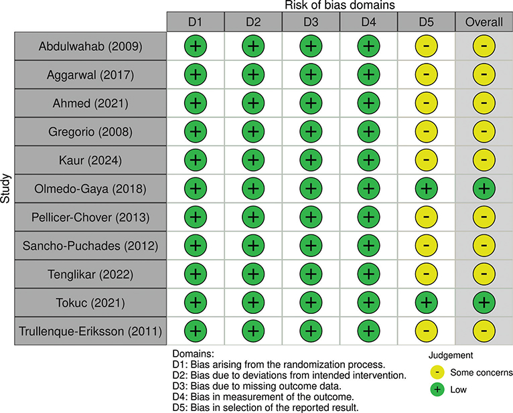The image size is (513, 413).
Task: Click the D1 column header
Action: [196, 22]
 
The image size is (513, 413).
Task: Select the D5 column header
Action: [427, 22]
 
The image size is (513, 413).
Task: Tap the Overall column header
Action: [484, 22]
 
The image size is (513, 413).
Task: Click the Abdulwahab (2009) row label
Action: [90, 46]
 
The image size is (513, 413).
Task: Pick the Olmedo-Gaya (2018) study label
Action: [90, 189]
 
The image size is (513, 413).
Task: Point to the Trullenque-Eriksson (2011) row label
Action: [90, 331]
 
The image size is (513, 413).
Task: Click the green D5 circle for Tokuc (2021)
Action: [427, 303]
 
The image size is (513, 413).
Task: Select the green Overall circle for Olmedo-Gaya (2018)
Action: [484, 189]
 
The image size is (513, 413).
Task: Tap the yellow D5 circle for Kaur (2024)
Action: [427, 160]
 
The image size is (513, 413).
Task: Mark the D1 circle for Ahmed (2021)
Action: [196, 103]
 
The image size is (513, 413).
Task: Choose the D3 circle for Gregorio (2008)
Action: [311, 131]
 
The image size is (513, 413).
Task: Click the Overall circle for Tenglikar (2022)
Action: [484, 274]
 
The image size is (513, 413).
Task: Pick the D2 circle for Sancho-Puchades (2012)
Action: [253, 246]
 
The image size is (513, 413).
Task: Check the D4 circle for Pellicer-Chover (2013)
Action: [368, 217]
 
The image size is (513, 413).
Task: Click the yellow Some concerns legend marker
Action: [437, 372]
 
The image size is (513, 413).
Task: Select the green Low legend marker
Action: [437, 390]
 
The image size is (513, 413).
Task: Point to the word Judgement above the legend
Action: [451, 355]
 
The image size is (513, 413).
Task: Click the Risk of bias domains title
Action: [340, 5]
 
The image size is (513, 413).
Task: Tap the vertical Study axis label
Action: [5, 189]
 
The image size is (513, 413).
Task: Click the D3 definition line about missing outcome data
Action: [256, 386]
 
